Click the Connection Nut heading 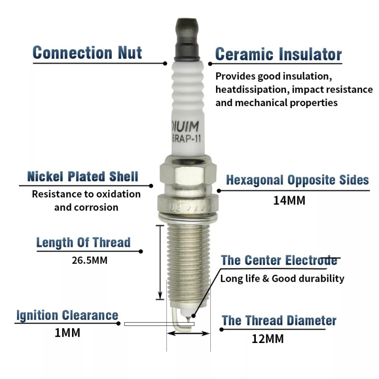click(x=87, y=53)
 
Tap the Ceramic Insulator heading click(x=278, y=54)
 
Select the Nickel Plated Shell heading click(x=83, y=177)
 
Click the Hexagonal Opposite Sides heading click(x=297, y=180)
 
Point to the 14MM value click(x=289, y=200)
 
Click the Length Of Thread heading click(x=83, y=243)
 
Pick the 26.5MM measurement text click(x=90, y=260)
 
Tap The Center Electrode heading click(x=279, y=260)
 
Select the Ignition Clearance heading click(x=67, y=315)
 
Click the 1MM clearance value click(x=68, y=333)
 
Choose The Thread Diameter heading click(x=279, y=321)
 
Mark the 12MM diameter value click(x=268, y=339)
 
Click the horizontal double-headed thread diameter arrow click(x=188, y=334)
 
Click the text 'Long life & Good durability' click(x=282, y=279)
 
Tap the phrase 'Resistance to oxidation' click(x=86, y=194)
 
